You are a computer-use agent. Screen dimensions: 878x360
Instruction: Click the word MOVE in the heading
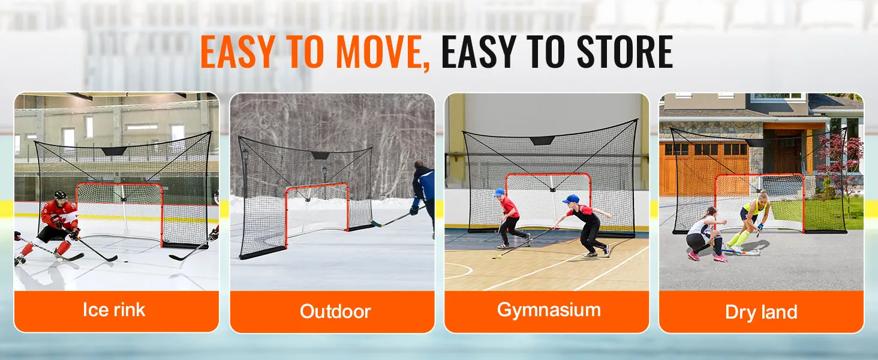click(x=378, y=52)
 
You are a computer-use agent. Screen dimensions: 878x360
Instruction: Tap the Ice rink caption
click(x=114, y=310)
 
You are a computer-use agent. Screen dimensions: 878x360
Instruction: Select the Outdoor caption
click(x=335, y=311)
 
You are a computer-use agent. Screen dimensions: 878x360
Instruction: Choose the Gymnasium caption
click(x=549, y=310)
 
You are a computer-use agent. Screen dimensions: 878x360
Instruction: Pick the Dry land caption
click(x=761, y=312)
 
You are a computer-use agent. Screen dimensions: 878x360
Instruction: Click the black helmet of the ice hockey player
click(x=61, y=195)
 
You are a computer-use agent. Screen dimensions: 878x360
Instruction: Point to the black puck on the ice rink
click(x=126, y=262)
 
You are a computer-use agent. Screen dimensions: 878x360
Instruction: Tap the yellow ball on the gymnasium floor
click(x=500, y=257)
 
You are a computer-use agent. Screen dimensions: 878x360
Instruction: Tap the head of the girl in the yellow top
click(x=762, y=196)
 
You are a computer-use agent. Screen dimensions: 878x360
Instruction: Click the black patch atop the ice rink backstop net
click(x=114, y=151)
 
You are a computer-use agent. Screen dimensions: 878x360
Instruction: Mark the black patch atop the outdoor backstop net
click(x=320, y=155)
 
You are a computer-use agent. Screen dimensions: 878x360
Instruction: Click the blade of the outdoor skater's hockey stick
click(x=376, y=224)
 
